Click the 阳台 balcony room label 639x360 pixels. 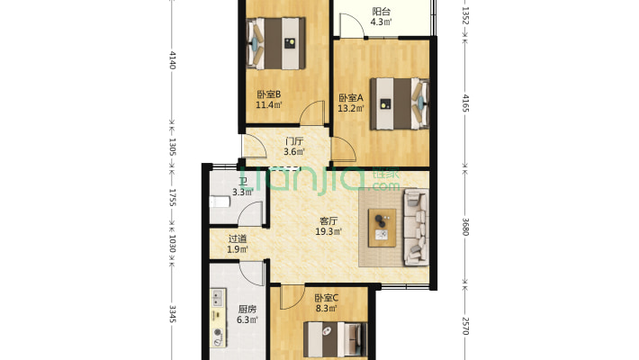[381, 12]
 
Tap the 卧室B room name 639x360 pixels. [268, 94]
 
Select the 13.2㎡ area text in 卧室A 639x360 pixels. [351, 108]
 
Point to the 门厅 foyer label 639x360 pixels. [294, 141]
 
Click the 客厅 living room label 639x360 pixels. [328, 221]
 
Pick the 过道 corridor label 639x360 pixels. [238, 238]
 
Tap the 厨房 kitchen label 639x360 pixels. [247, 310]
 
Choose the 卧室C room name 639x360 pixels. [327, 298]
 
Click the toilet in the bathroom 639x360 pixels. [220, 202]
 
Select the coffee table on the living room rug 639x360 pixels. [382, 228]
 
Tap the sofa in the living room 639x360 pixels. [416, 227]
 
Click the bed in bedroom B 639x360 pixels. [276, 43]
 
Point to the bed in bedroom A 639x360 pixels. [400, 104]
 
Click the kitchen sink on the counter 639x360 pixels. [218, 298]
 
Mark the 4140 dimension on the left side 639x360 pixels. [173, 60]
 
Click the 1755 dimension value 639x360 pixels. [173, 197]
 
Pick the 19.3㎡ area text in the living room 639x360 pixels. [328, 231]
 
